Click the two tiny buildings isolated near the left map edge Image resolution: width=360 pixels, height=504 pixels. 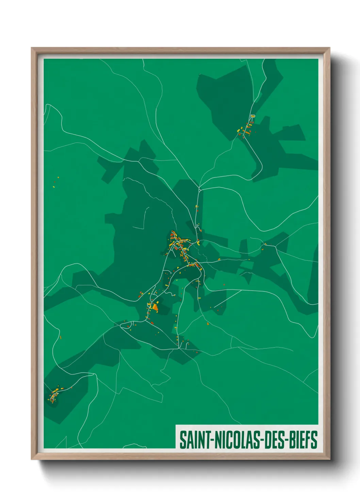(56, 182)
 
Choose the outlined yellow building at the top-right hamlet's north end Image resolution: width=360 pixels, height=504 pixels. (253, 116)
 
